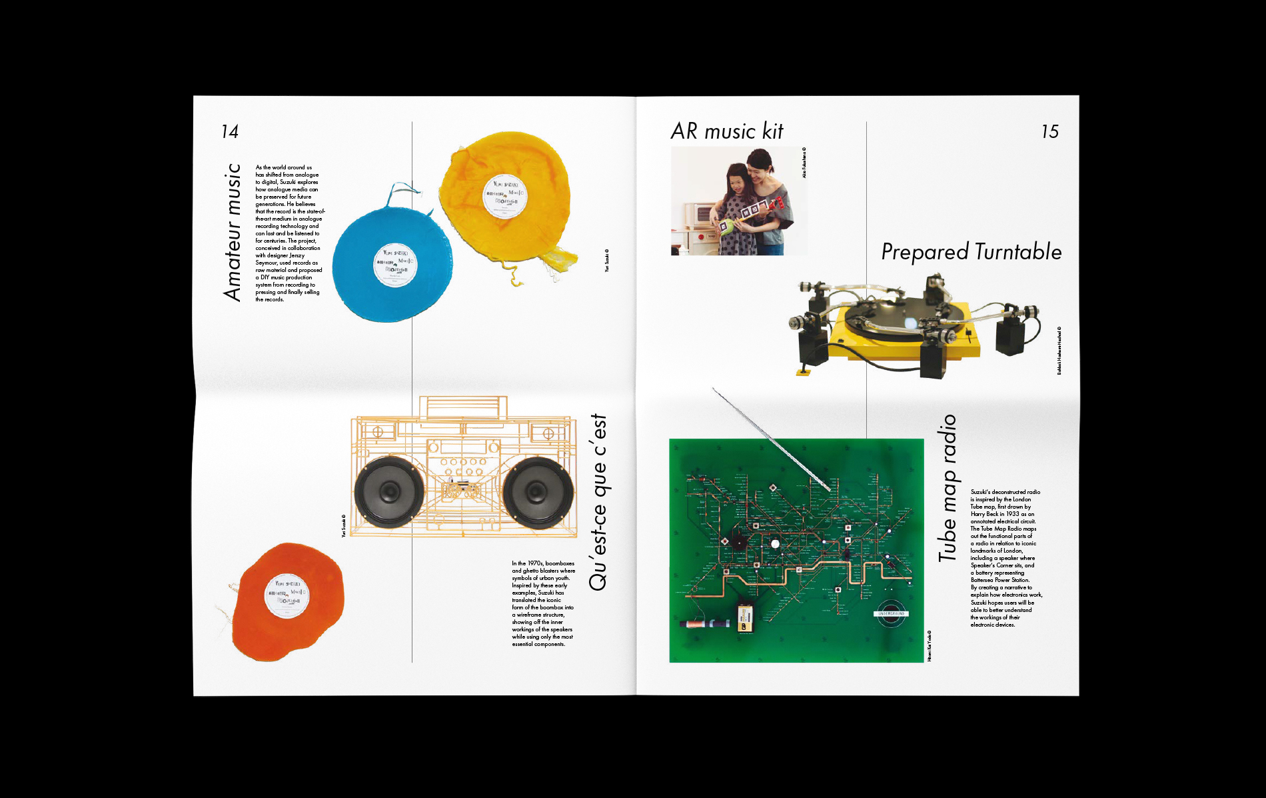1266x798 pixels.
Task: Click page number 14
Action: tap(230, 131)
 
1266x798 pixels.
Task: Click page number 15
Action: tap(1049, 131)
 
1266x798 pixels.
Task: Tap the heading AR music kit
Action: tap(727, 131)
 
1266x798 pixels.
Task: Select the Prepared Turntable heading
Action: tap(971, 252)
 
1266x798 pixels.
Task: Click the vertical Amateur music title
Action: tap(232, 232)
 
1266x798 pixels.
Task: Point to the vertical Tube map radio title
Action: tap(948, 488)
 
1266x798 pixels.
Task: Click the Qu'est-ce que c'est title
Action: tap(598, 502)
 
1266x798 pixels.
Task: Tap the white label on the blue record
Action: tap(394, 265)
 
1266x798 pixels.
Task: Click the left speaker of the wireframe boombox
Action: tap(388, 493)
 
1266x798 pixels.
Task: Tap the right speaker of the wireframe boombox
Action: tap(537, 493)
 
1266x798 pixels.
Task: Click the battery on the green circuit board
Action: tap(746, 618)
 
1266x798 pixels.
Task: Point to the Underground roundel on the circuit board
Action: tap(892, 614)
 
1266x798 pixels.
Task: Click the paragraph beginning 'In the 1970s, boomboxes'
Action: tap(543, 604)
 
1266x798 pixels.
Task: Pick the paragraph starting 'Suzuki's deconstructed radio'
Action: tap(1005, 558)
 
